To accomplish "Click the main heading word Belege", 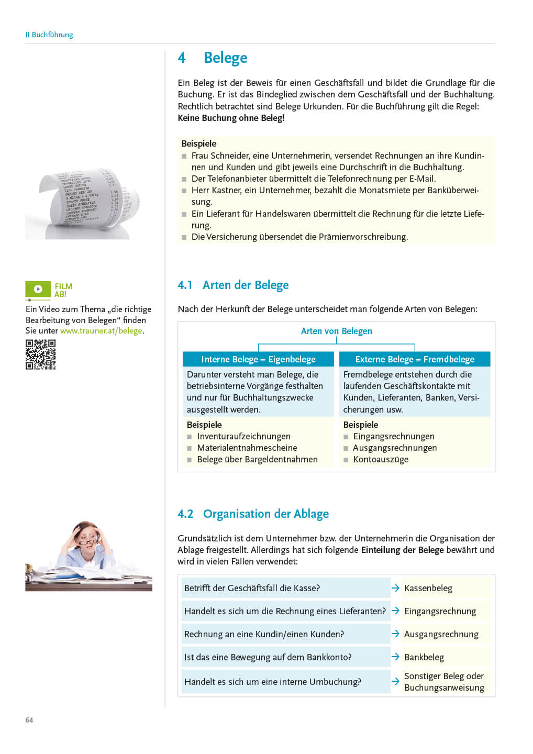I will (x=225, y=58).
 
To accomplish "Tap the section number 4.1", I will (x=185, y=285).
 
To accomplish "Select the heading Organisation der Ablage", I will (x=265, y=514).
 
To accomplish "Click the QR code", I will (x=40, y=354).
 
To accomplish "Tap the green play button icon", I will (x=38, y=289).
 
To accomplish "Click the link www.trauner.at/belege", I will (x=101, y=331).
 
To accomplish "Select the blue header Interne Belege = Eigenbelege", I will (x=258, y=359).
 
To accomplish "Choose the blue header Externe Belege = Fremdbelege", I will (x=415, y=359).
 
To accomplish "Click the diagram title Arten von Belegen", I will (x=336, y=331).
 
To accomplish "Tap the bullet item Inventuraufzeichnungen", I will (x=243, y=436).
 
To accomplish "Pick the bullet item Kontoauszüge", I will (x=381, y=459).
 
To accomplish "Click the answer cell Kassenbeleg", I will (x=428, y=588).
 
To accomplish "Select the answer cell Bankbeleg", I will (x=424, y=657).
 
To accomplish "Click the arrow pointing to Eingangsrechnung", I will (x=395, y=611).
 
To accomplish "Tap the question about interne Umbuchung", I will (x=272, y=682).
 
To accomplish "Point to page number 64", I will (x=29, y=720).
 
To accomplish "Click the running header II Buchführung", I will (x=49, y=35).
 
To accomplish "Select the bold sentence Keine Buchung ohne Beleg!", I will (x=231, y=118).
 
